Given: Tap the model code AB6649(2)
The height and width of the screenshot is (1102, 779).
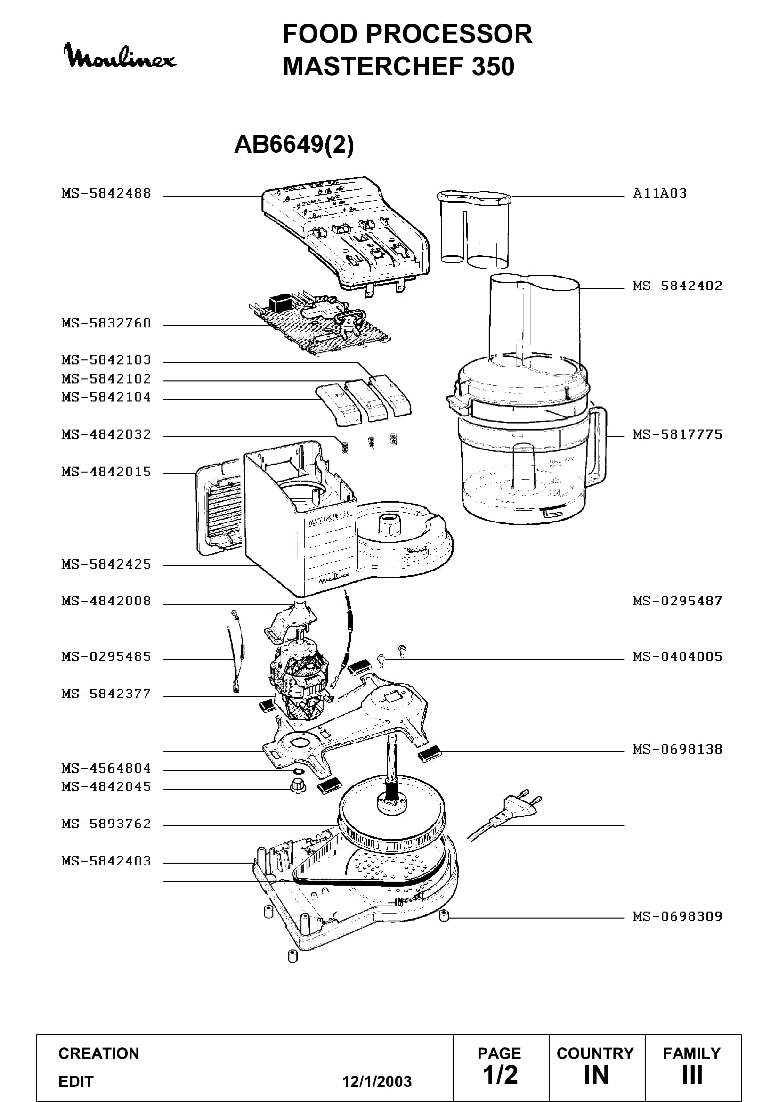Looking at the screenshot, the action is [x=293, y=144].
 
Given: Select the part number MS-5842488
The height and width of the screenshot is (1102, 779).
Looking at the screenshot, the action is [x=106, y=194].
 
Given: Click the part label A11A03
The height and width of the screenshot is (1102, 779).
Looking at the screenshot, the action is [x=659, y=194].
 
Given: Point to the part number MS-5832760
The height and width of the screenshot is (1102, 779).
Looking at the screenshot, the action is [x=106, y=323].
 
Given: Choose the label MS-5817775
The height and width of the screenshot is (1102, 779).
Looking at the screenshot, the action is [x=677, y=434].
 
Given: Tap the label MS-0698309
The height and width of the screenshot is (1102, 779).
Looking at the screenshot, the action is [x=677, y=916].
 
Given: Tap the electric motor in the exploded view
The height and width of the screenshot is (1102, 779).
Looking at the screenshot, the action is [x=300, y=677].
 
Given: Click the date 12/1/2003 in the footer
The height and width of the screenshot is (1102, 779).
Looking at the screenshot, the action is [x=377, y=1081].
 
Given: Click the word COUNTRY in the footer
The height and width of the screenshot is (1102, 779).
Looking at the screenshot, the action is [x=595, y=1053].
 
